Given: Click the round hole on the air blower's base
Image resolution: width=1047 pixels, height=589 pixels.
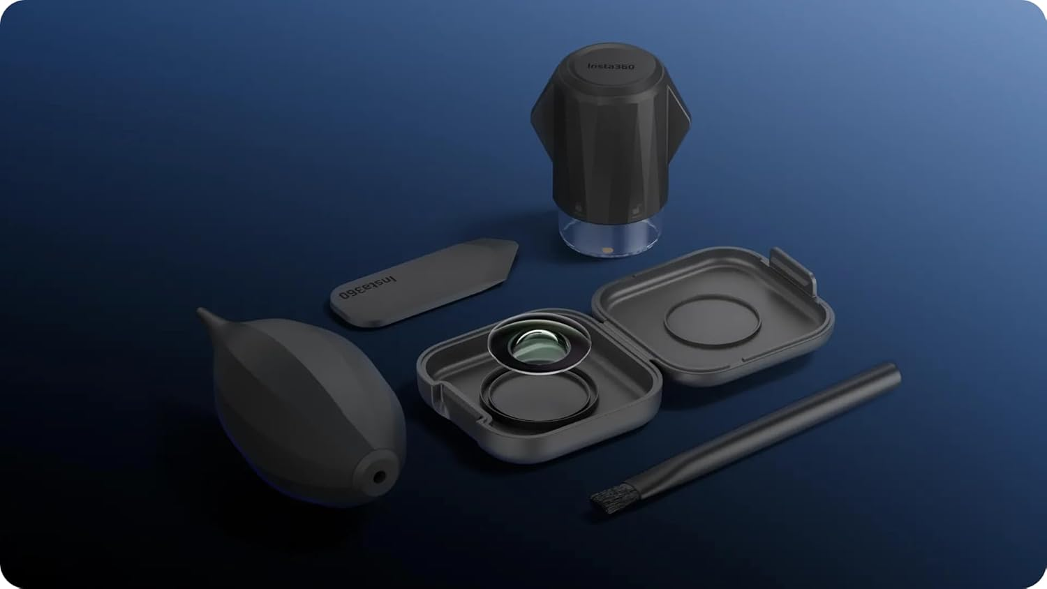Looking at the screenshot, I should pyautogui.click(x=379, y=477).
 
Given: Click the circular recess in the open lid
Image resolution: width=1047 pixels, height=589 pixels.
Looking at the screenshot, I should pyautogui.click(x=712, y=322).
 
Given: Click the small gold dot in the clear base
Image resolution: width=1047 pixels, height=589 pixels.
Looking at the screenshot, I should pyautogui.click(x=607, y=248).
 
